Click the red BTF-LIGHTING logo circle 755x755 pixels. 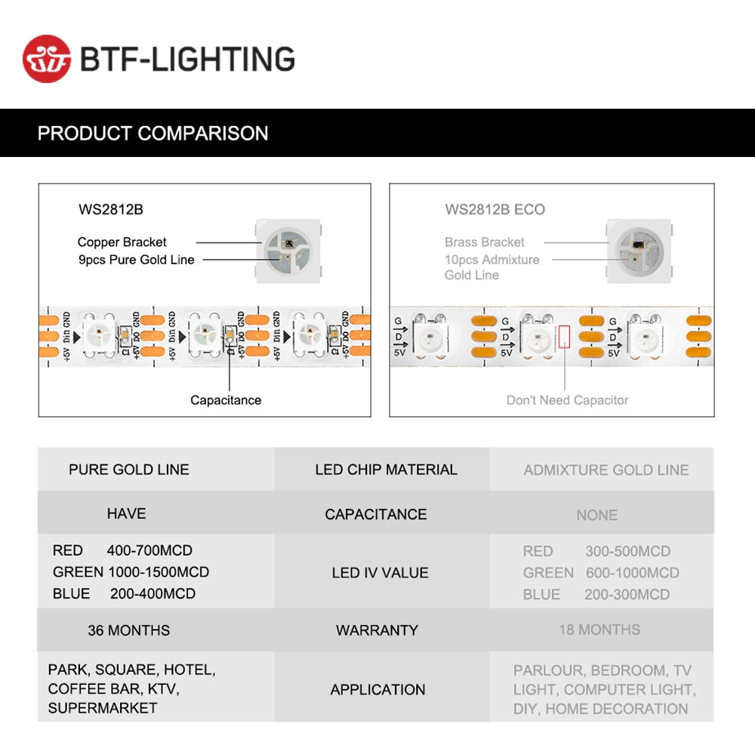pyautogui.click(x=46, y=58)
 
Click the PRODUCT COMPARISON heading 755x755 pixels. pyautogui.click(x=153, y=134)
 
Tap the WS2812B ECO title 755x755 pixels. pyautogui.click(x=495, y=209)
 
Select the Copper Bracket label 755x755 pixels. pyautogui.click(x=122, y=242)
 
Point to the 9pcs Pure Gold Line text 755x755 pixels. pyautogui.click(x=136, y=260)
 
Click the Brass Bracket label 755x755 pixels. pyautogui.click(x=484, y=242)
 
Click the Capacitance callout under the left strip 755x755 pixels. pyautogui.click(x=225, y=400)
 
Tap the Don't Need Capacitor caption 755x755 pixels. pyautogui.click(x=567, y=400)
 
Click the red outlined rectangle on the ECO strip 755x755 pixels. pyautogui.click(x=565, y=336)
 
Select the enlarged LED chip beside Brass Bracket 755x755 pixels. pyautogui.click(x=639, y=250)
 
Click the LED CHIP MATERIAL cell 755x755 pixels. pyautogui.click(x=386, y=470)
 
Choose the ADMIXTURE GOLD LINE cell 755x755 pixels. pyautogui.click(x=606, y=470)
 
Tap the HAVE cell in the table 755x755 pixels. pyautogui.click(x=126, y=513)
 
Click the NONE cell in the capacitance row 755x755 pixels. pyautogui.click(x=596, y=515)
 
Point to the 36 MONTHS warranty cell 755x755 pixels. pyautogui.click(x=128, y=630)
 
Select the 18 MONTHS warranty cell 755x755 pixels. pyautogui.click(x=599, y=630)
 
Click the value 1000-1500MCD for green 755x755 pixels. pyautogui.click(x=159, y=572)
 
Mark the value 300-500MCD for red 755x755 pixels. pyautogui.click(x=627, y=551)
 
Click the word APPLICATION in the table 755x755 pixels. pyautogui.click(x=377, y=689)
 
